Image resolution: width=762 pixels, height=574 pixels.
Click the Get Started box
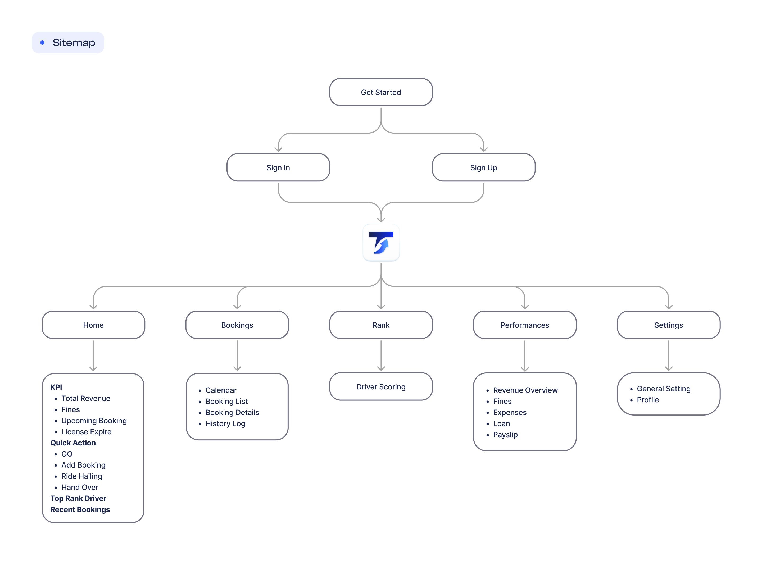pos(381,92)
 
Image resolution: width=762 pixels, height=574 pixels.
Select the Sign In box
pos(278,167)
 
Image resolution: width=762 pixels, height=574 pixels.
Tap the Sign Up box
pos(483,167)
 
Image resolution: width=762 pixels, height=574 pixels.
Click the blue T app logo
pos(381,243)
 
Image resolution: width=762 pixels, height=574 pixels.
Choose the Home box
pos(93,325)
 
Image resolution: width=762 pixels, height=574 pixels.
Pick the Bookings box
pos(237,325)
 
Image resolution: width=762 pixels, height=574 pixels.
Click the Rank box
pos(381,325)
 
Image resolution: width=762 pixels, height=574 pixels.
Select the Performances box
pos(525,325)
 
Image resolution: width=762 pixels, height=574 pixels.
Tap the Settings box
pos(668,325)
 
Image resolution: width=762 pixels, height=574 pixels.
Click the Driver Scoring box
pos(381,386)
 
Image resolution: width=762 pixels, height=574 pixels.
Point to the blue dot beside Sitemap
pos(42,43)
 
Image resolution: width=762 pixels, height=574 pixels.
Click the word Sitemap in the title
pos(74,43)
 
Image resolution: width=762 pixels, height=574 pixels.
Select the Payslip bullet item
pos(505,435)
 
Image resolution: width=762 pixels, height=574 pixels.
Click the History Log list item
pos(225,423)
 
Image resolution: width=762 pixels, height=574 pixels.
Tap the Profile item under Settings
pos(648,399)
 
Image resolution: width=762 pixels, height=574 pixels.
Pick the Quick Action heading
pos(73,443)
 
